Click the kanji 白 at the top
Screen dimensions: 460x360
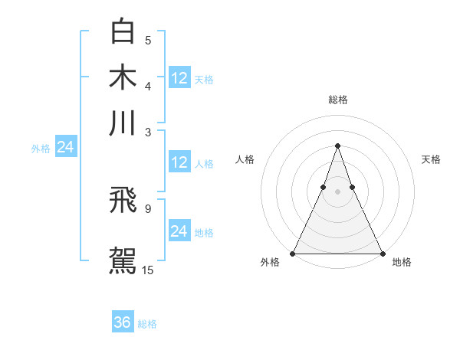pyautogui.click(x=123, y=32)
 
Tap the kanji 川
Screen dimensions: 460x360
pyautogui.click(x=123, y=123)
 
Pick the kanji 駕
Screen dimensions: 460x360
pyautogui.click(x=123, y=260)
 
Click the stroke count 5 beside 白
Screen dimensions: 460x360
pyautogui.click(x=148, y=41)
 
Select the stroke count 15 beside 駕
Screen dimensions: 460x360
pyautogui.click(x=148, y=270)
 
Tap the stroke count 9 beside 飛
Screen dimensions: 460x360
pyautogui.click(x=148, y=208)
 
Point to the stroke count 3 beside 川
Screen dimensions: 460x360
pyautogui.click(x=148, y=132)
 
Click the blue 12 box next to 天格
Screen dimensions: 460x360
pyautogui.click(x=179, y=77)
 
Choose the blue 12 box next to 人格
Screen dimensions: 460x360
pyautogui.click(x=179, y=162)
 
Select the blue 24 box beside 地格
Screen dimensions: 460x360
pyautogui.click(x=179, y=231)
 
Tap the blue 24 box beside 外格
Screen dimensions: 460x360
pyautogui.click(x=65, y=147)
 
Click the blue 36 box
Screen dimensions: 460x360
pyautogui.click(x=123, y=322)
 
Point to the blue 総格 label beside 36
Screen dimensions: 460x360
pyautogui.click(x=147, y=324)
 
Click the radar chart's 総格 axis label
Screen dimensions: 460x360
pyautogui.click(x=337, y=100)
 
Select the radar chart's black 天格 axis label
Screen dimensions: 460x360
pyautogui.click(x=431, y=159)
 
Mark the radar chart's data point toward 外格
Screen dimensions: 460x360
pyautogui.click(x=293, y=254)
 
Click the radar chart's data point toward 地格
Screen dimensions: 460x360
pyautogui.click(x=382, y=254)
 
